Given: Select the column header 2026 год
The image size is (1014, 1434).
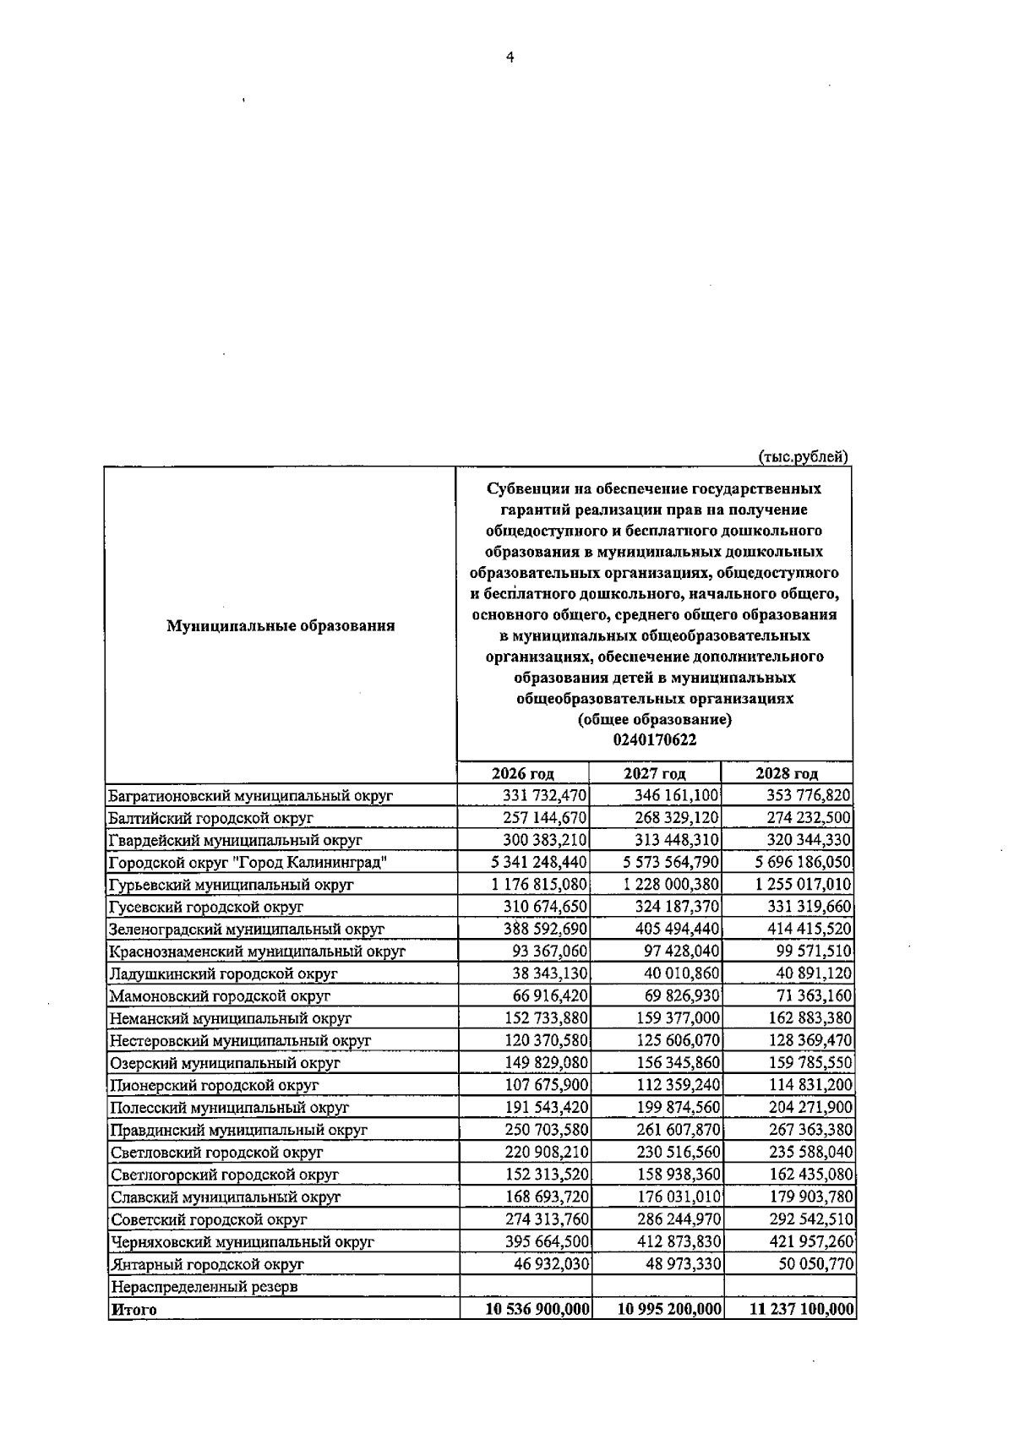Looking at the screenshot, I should pos(523,773).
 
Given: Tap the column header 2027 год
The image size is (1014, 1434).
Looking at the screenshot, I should pos(655,773).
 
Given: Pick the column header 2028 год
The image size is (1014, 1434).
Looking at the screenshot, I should pos(787,773).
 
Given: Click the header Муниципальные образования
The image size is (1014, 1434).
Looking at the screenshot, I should pos(281,626).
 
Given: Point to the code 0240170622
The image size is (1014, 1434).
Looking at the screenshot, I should pos(655,740).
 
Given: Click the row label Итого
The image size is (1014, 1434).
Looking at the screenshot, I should pos(134,1333).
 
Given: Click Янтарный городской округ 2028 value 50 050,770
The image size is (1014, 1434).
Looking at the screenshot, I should pos(815,1265).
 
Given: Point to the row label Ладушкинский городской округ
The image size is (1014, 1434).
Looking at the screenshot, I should pos(224,973).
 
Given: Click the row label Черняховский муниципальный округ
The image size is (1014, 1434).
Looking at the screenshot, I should pos(243,1242).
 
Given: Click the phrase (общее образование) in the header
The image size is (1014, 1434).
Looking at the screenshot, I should pos(655,720).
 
